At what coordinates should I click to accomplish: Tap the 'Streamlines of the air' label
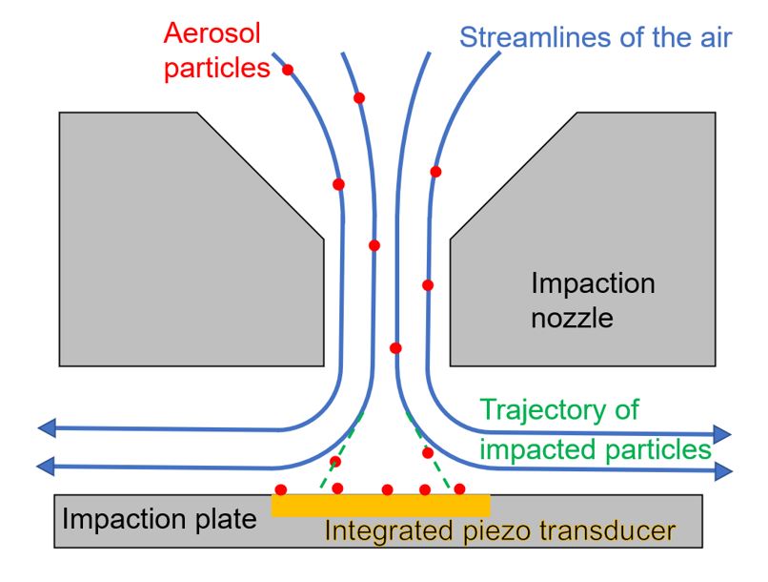pos(596,39)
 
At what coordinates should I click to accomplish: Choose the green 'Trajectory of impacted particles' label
pos(596,429)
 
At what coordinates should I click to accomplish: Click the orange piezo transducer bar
pos(381,504)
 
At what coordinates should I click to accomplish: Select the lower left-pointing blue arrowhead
pos(46,467)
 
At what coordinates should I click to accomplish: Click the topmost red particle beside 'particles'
pos(287,70)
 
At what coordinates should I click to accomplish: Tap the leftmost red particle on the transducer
pos(280,489)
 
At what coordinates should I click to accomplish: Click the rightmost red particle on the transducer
pos(459,488)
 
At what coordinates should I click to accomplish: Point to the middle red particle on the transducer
pos(387,489)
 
